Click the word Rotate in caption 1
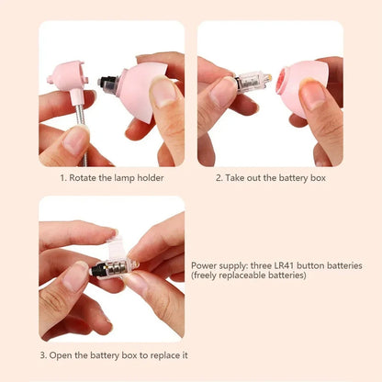point(84,176)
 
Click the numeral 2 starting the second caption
point(219,176)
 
